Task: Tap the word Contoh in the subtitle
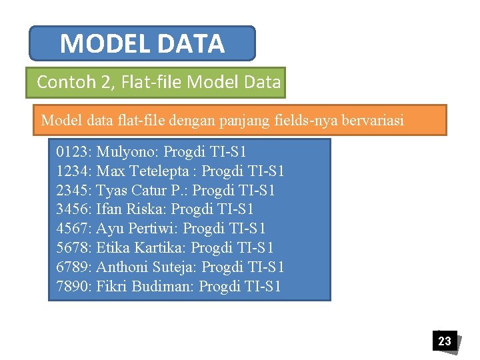click(61, 82)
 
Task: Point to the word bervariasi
click(371, 121)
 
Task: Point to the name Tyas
click(112, 190)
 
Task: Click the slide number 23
click(444, 341)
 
